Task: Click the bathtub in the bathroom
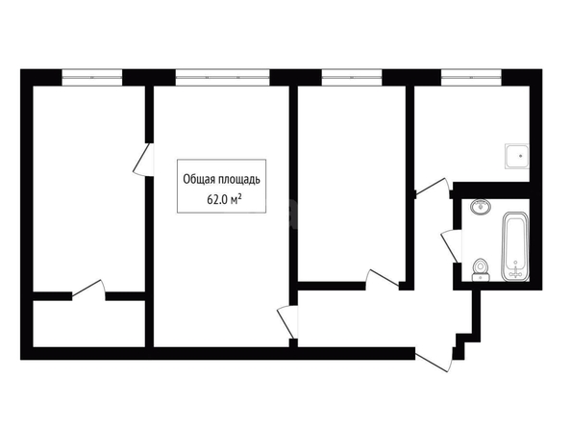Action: point(515,248)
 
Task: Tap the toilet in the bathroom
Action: point(481,270)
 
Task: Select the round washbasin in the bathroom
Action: point(481,207)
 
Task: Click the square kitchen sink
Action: point(516,156)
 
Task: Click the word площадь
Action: point(239,180)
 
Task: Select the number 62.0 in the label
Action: point(217,199)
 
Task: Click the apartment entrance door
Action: point(434,360)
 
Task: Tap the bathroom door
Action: point(450,246)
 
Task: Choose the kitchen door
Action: point(433,187)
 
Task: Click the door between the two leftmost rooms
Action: point(143,159)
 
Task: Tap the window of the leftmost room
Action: point(91,77)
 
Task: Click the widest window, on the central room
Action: point(222,77)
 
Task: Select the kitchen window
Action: point(472,77)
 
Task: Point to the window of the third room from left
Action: point(352,77)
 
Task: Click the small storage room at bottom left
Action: point(89,323)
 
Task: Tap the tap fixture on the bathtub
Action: point(515,271)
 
